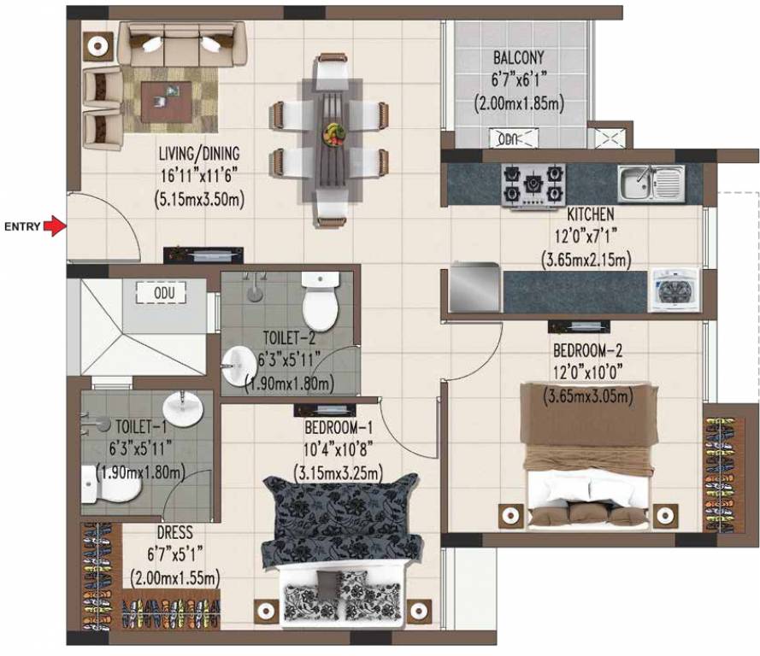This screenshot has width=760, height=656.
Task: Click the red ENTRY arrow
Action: pyautogui.click(x=55, y=226)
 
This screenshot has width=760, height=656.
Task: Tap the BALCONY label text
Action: pyautogui.click(x=518, y=59)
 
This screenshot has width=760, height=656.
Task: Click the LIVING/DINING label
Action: pyautogui.click(x=198, y=155)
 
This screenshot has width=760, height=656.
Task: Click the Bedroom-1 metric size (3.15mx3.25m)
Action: pyautogui.click(x=338, y=471)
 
